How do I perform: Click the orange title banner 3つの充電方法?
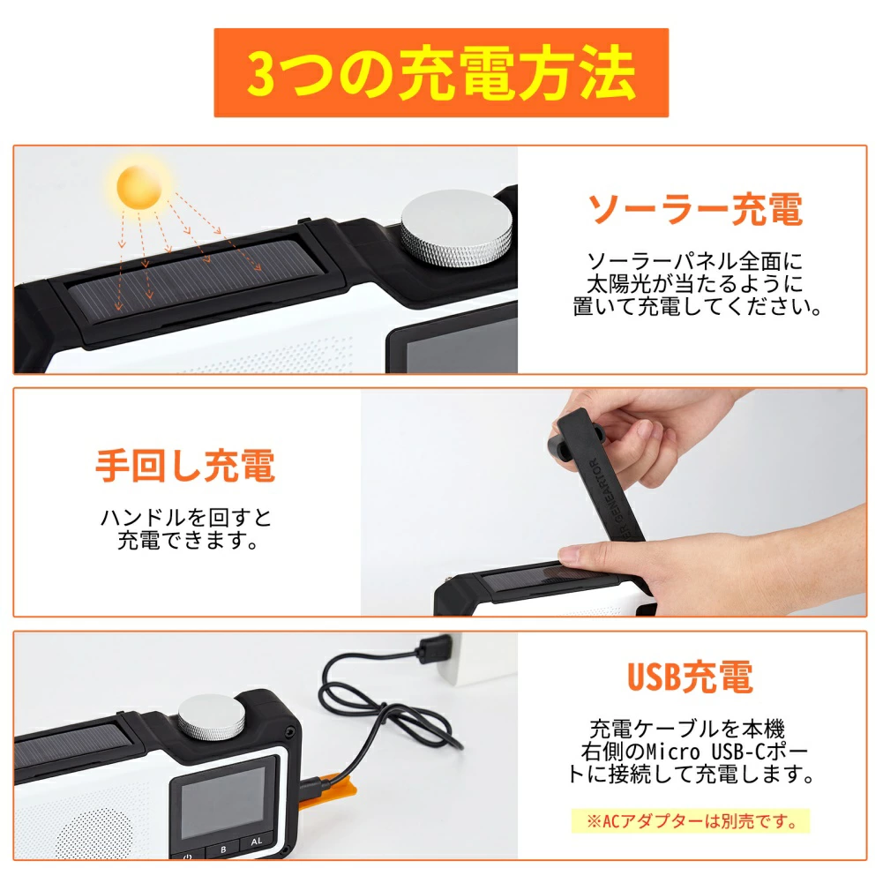click(440, 73)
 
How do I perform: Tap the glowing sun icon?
click(141, 184)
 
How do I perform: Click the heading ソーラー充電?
click(695, 210)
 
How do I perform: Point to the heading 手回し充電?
click(185, 466)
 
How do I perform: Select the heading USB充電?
click(690, 677)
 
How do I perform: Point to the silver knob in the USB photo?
click(213, 717)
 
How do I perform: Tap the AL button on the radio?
click(256, 842)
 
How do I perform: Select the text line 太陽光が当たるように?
click(695, 284)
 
